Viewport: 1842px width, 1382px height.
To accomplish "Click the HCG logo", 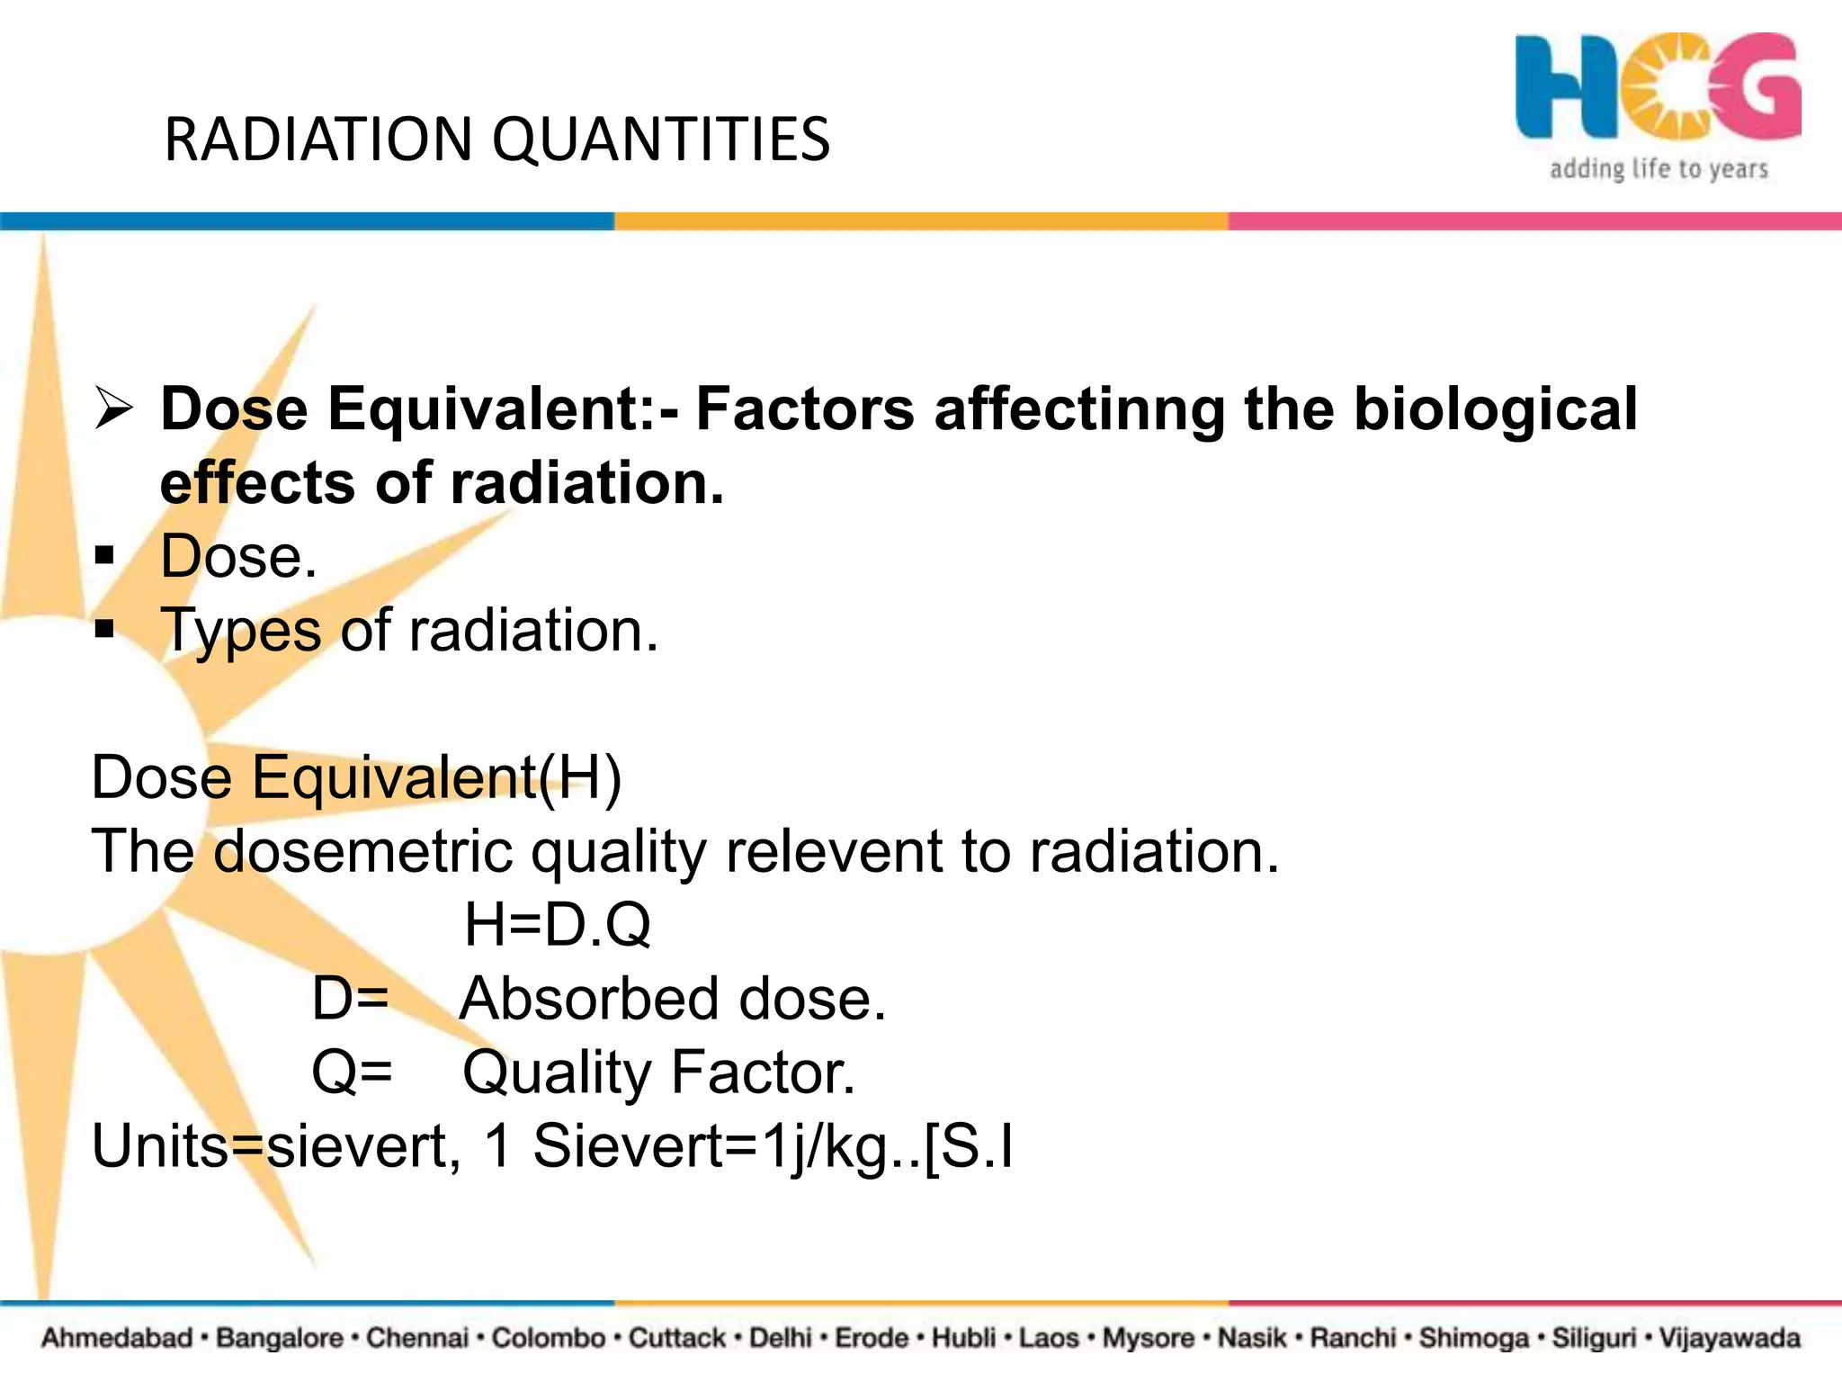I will [x=1657, y=88].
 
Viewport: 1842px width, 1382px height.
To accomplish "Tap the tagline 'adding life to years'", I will [x=1659, y=169].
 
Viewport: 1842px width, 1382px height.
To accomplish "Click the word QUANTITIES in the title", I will [x=661, y=140].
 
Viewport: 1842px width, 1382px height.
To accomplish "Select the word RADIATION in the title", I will [x=318, y=140].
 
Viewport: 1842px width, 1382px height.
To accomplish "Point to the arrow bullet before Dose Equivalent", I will [x=114, y=409].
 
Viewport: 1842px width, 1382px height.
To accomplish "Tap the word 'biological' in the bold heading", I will [x=1496, y=410].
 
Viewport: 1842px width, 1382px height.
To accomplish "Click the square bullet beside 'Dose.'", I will [x=105, y=556].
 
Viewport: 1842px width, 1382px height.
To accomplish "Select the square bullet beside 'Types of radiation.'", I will [x=105, y=629].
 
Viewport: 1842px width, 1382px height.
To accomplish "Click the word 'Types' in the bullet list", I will [x=240, y=630].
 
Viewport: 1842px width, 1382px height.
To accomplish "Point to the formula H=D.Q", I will [x=557, y=924].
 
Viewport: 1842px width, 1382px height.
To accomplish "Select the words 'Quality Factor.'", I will [x=658, y=1072].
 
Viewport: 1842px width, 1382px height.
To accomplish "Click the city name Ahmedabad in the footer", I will [x=117, y=1338].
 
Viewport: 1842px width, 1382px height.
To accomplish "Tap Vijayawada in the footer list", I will [x=1729, y=1338].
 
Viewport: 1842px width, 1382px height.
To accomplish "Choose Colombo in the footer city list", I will [x=549, y=1338].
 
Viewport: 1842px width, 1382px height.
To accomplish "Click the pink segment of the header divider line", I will [x=1534, y=221].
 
